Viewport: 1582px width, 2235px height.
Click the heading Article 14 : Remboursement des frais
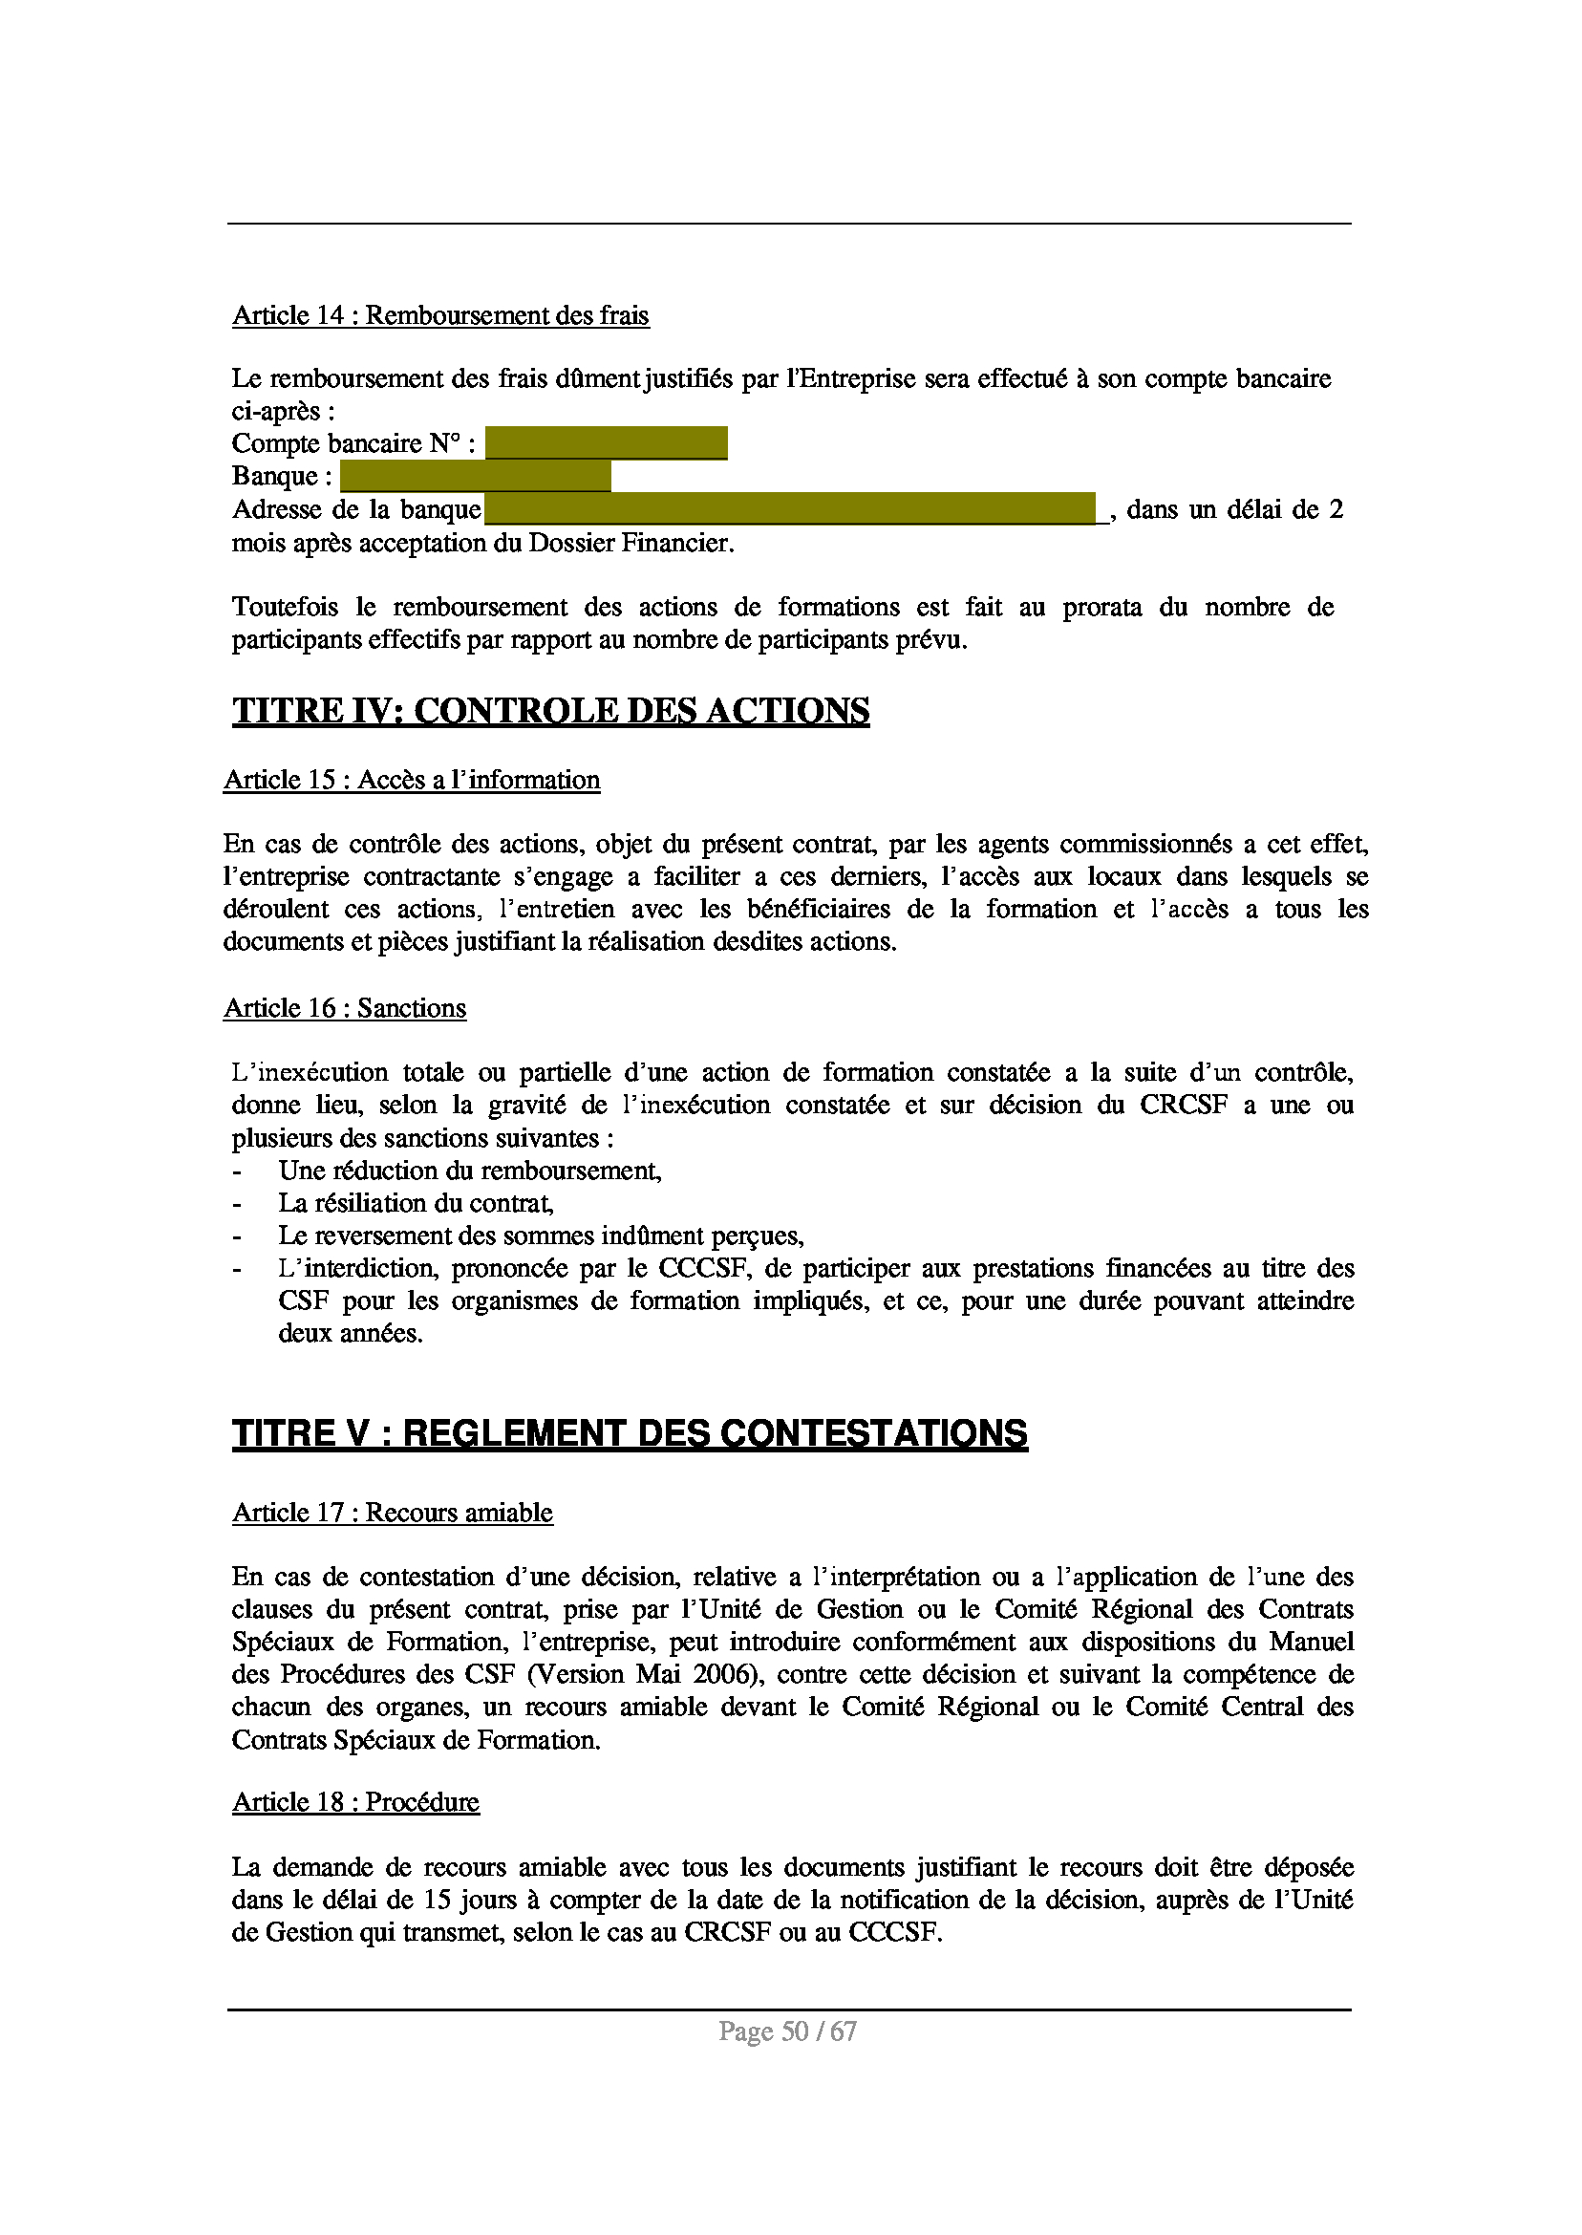point(440,315)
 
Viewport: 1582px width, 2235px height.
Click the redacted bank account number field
point(606,443)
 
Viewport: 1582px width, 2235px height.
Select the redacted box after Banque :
point(476,477)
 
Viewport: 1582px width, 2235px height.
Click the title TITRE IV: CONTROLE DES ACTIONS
point(550,711)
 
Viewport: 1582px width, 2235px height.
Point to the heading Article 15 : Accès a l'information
point(411,781)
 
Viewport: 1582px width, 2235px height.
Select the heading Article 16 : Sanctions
point(345,1008)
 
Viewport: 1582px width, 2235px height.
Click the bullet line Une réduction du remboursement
point(469,1171)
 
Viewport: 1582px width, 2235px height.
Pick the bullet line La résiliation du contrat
point(416,1203)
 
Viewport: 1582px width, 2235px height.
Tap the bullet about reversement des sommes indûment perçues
point(541,1236)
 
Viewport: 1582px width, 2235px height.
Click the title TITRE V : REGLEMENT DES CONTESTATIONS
point(630,1434)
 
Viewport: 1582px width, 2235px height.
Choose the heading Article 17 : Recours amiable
point(393,1513)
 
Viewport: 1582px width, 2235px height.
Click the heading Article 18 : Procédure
point(355,1802)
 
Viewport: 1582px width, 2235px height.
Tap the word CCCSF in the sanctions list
point(704,1269)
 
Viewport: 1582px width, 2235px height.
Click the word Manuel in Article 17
point(1312,1642)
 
